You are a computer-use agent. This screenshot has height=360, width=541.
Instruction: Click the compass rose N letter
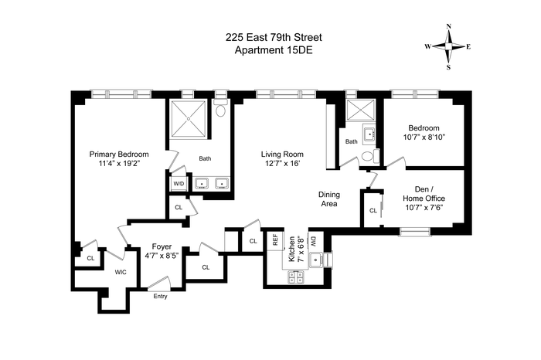[449, 26]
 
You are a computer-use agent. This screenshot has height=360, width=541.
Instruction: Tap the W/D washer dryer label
[179, 183]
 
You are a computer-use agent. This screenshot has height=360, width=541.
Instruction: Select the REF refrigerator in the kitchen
[275, 239]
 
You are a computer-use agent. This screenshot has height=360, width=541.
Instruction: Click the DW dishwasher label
[314, 241]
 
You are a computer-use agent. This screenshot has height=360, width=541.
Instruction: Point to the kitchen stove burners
[296, 277]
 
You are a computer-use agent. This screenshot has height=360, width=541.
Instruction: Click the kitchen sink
[316, 260]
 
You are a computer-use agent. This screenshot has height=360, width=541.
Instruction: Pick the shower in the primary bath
[189, 119]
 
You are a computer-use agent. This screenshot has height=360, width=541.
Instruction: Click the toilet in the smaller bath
[370, 156]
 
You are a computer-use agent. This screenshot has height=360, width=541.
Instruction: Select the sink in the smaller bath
[369, 133]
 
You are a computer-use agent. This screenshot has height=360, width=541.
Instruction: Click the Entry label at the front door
[161, 296]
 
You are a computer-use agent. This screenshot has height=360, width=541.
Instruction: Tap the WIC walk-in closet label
[121, 272]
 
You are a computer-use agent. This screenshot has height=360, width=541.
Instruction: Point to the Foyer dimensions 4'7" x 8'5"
[162, 256]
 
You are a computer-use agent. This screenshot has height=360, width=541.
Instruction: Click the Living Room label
[282, 155]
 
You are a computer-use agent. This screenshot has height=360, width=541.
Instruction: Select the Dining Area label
[329, 199]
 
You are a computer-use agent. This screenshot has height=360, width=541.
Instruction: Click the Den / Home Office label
[424, 194]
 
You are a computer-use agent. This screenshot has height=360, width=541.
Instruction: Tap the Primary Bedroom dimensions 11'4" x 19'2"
[119, 164]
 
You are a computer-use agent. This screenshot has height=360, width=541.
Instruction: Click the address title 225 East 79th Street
[274, 37]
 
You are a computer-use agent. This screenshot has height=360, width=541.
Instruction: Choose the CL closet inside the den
[373, 210]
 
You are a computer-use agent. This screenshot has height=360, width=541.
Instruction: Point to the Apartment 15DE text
[274, 50]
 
